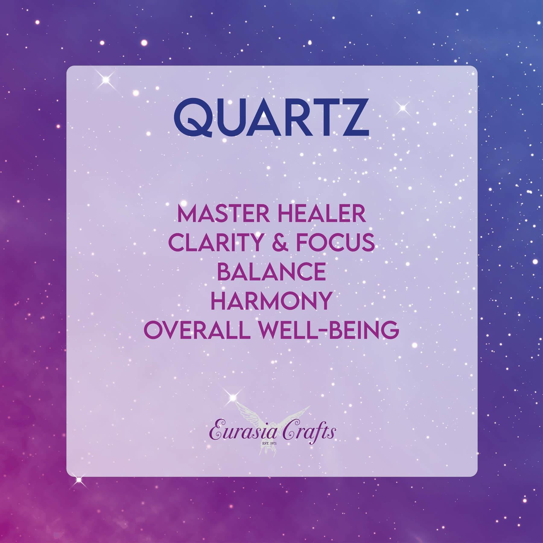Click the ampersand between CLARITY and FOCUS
coord(279,243)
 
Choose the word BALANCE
coord(271,272)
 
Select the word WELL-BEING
coord(323,329)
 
